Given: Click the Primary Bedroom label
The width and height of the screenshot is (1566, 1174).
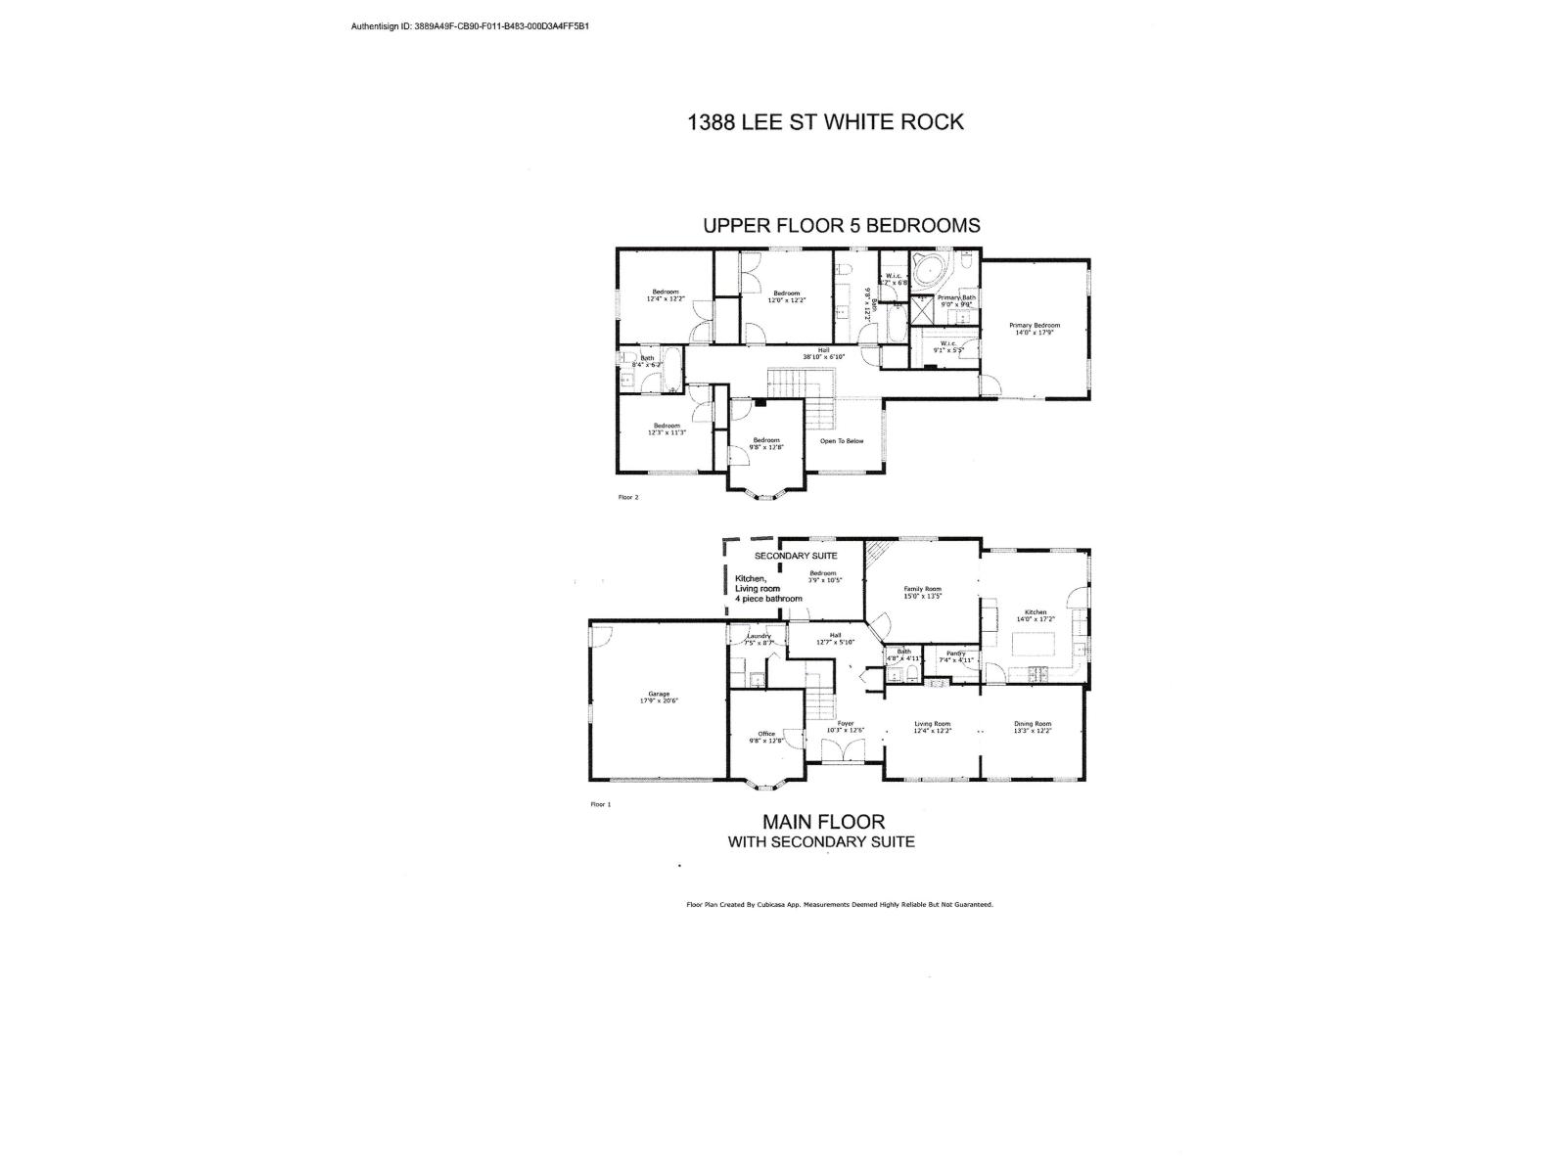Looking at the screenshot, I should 1035,326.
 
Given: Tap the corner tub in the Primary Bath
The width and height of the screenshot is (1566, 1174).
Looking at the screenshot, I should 927,269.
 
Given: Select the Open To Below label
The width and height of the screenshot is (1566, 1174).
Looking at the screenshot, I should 842,441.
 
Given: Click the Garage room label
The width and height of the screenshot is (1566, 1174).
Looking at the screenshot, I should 659,694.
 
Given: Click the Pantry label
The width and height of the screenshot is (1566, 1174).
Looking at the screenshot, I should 956,654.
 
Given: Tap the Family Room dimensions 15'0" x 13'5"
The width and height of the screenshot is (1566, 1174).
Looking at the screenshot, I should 922,596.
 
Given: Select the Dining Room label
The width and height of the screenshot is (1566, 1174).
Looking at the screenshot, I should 1033,724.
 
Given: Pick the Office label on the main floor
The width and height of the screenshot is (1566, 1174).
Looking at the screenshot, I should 766,734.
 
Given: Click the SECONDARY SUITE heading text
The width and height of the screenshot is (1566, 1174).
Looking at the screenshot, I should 796,556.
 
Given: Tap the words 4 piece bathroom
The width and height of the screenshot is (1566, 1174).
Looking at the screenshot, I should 769,599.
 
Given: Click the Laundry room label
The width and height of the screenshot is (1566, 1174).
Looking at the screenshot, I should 759,636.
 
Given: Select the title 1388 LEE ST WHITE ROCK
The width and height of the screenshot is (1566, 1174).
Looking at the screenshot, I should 825,122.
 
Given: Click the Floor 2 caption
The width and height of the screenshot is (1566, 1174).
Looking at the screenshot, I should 628,497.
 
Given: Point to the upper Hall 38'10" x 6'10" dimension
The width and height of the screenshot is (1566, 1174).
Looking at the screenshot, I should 823,357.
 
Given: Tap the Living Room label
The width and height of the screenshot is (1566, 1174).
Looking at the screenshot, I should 932,724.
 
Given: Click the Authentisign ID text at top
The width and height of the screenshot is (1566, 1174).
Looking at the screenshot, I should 470,26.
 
